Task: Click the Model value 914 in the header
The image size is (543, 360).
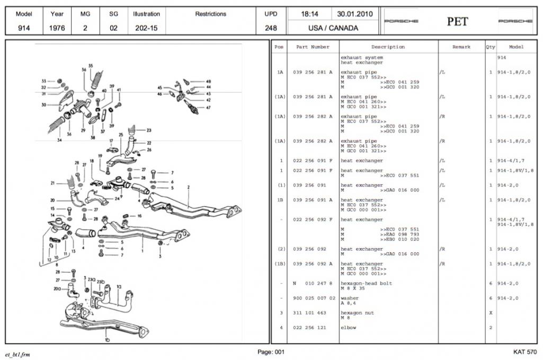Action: (x=23, y=28)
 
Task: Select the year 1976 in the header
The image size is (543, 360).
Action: (x=57, y=28)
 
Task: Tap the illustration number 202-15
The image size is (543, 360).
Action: (x=146, y=28)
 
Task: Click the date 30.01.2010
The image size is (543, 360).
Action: (x=355, y=14)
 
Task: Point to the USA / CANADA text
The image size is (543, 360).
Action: (x=333, y=28)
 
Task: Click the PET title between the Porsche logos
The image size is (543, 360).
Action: (x=458, y=21)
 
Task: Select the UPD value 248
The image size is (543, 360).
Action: (x=271, y=28)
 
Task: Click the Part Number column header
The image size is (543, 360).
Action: (x=313, y=47)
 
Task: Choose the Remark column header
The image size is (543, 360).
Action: (x=461, y=47)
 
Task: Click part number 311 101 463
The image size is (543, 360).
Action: (x=310, y=313)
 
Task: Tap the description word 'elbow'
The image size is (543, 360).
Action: (x=348, y=327)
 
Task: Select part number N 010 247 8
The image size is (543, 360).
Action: (x=313, y=283)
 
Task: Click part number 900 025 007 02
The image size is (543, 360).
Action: (x=314, y=298)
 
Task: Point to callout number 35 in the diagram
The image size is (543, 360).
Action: (x=91, y=66)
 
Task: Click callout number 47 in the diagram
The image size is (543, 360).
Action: (x=208, y=107)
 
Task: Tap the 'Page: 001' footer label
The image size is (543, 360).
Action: (x=271, y=352)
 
